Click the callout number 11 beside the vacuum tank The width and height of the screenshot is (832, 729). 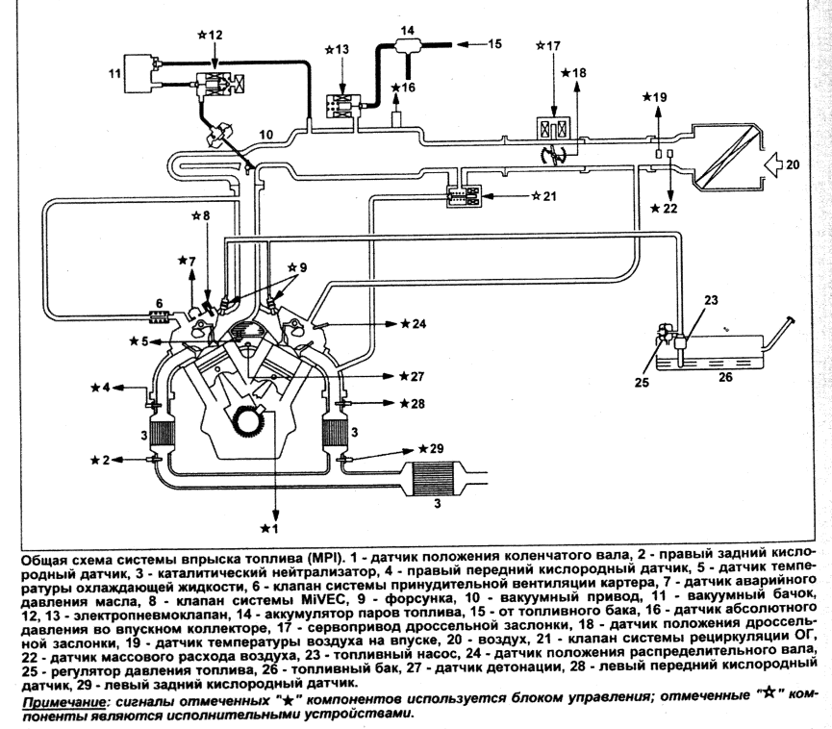point(114,73)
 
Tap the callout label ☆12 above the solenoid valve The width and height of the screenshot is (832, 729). point(210,35)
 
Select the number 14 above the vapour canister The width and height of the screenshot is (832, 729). point(408,30)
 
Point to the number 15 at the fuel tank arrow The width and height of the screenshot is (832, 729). point(494,43)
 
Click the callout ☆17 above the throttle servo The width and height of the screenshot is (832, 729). point(548,45)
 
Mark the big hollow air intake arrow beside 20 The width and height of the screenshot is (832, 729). point(773,165)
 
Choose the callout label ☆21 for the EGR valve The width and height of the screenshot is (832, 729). point(543,196)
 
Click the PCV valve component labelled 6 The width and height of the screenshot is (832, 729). point(159,317)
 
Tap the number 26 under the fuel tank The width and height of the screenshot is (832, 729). point(725,377)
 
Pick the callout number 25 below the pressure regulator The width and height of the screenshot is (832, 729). point(642,382)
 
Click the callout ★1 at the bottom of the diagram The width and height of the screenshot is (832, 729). point(269,528)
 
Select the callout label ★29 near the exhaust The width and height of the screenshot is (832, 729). point(430,449)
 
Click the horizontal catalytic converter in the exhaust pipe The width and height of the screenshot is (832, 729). point(435,479)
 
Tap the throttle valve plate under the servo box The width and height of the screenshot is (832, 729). point(553,156)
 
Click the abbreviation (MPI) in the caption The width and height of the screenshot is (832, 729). point(324,559)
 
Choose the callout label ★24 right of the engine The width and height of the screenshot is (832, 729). point(413,324)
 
